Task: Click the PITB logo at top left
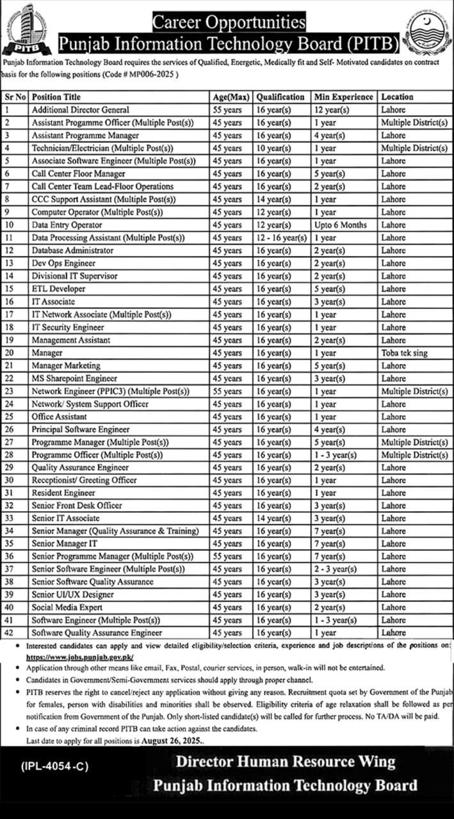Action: click(x=27, y=29)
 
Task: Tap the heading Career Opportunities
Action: click(x=229, y=24)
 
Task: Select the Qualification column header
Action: click(x=280, y=97)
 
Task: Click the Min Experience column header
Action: click(x=343, y=97)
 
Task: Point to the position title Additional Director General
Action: click(x=80, y=110)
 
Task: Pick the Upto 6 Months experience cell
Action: click(x=341, y=225)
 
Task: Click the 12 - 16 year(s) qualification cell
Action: click(x=282, y=237)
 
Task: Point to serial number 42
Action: click(x=9, y=633)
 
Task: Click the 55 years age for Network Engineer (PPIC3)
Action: click(x=227, y=391)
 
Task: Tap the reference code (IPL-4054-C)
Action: click(x=54, y=765)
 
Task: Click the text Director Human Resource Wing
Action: click(x=286, y=761)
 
